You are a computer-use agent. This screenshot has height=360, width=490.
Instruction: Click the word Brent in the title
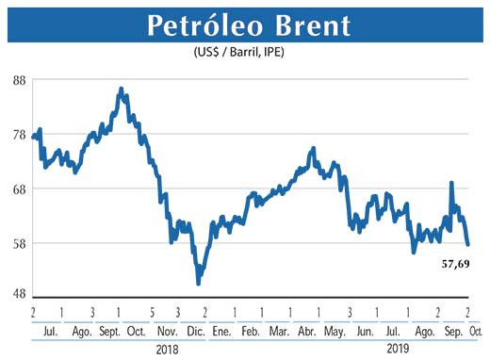[x=302, y=26]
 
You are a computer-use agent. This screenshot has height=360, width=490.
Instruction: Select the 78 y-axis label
[x=19, y=134]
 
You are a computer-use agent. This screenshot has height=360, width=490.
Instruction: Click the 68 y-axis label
[x=19, y=188]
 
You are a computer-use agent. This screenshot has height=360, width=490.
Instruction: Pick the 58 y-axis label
[x=19, y=243]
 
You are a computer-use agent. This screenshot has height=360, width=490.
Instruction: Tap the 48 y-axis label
[x=19, y=293]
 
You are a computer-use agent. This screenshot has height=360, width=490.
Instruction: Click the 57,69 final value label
[x=456, y=266]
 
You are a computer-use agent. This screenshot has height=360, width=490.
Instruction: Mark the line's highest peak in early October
[x=121, y=89]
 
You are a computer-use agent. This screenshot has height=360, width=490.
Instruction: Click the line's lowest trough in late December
[x=198, y=283]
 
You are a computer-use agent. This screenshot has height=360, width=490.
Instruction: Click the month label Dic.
[x=195, y=332]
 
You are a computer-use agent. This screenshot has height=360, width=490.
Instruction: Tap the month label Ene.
[x=222, y=332]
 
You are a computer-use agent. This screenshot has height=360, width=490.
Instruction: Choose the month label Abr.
[x=307, y=332]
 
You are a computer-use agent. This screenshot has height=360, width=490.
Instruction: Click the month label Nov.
[x=166, y=332]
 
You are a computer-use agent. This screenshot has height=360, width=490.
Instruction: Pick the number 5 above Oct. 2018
[x=152, y=312]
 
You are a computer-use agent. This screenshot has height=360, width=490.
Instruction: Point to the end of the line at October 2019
[x=468, y=245]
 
